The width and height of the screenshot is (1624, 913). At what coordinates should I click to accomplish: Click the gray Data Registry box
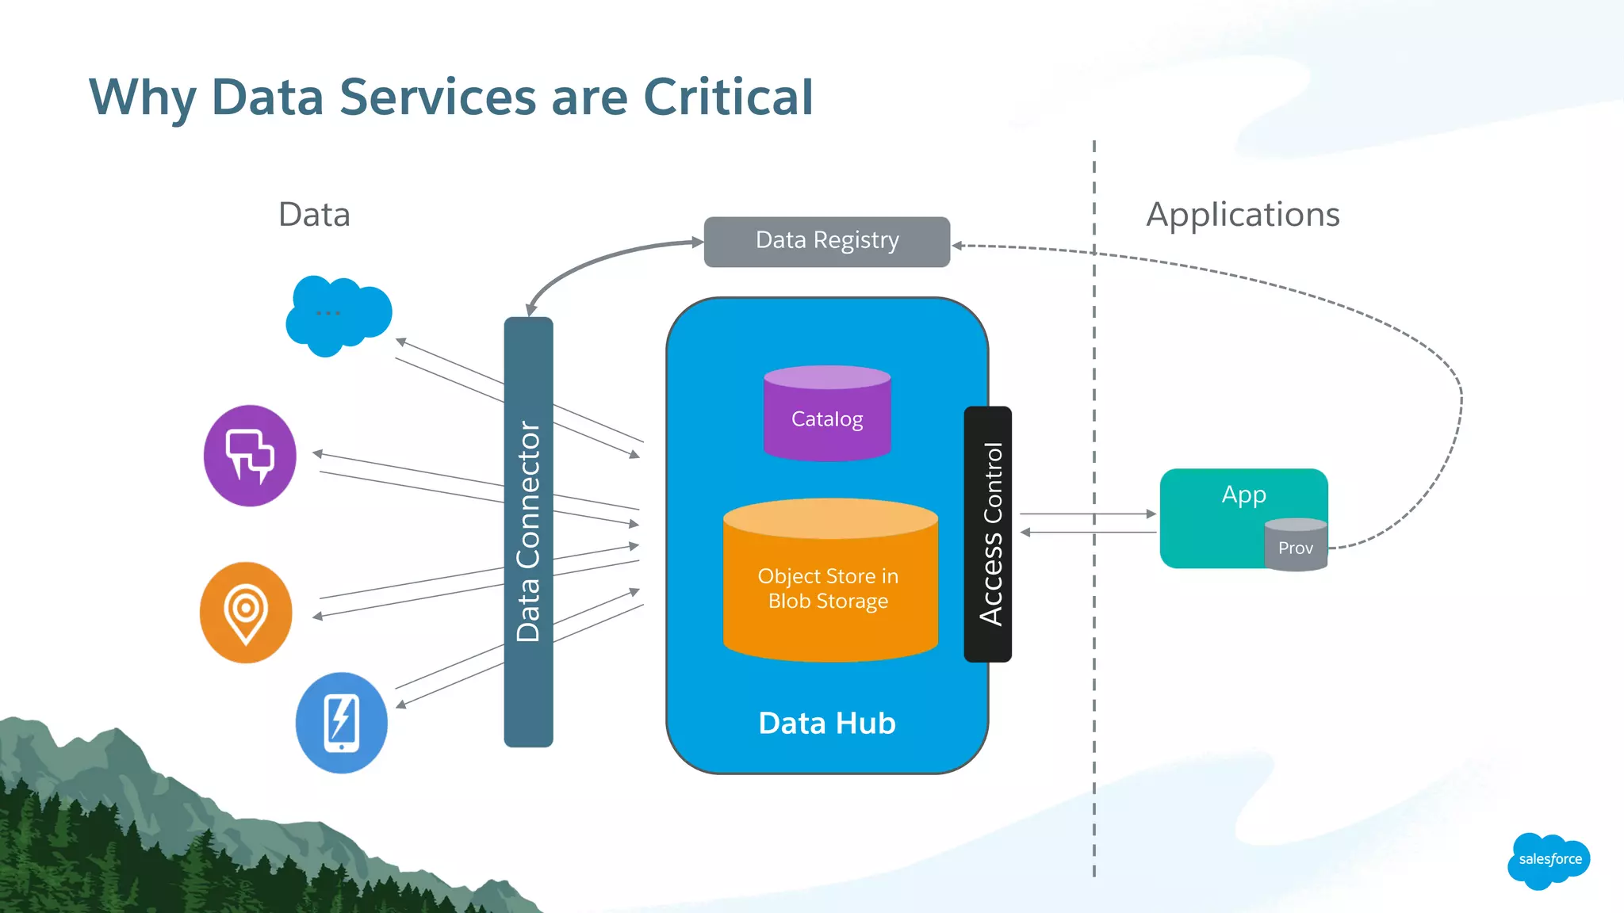point(826,241)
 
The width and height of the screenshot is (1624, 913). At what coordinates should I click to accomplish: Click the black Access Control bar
point(987,533)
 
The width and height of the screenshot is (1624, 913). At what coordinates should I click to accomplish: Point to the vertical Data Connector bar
point(528,531)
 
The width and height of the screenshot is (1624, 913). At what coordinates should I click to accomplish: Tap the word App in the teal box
point(1243,495)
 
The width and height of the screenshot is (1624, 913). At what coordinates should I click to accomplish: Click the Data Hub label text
point(826,723)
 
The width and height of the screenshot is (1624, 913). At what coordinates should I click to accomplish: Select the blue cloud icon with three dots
point(338,315)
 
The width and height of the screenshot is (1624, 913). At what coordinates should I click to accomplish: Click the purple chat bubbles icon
point(250,456)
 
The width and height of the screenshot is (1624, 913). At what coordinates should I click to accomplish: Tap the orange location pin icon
point(246,612)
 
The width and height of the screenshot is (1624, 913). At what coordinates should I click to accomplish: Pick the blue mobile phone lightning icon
point(342,723)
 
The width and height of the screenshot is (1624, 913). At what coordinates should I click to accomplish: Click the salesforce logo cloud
point(1549,859)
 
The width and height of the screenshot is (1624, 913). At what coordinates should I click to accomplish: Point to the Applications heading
point(1243,215)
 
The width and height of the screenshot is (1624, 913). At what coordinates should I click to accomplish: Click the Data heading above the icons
point(314,215)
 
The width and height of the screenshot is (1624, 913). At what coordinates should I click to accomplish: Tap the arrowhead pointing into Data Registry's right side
point(958,246)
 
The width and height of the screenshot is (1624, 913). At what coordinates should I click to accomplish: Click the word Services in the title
point(438,97)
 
